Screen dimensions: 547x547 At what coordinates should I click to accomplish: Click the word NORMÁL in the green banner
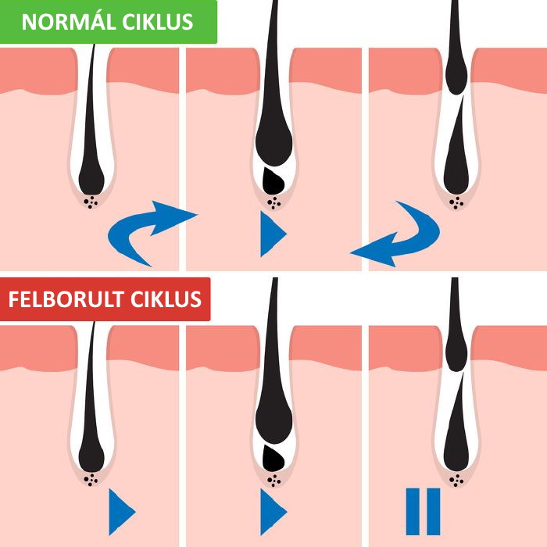coord(69,21)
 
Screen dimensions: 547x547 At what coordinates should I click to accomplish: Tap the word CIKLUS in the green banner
coord(158,22)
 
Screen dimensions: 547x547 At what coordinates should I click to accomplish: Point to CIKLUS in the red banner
coord(166,299)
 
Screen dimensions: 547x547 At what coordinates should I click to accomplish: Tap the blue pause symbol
coord(423,511)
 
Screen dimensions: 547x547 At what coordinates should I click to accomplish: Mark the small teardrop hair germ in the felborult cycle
coord(273,459)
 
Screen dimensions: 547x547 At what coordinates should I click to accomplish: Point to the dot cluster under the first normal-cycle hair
coord(91,202)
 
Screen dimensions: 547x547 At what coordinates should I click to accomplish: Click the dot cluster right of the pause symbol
coord(456,480)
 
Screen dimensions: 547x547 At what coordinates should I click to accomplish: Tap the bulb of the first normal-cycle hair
coord(91,178)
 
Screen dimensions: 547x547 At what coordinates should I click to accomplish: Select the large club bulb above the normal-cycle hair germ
coord(273,141)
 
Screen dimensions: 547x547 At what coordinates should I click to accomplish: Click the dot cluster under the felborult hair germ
coord(273,481)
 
